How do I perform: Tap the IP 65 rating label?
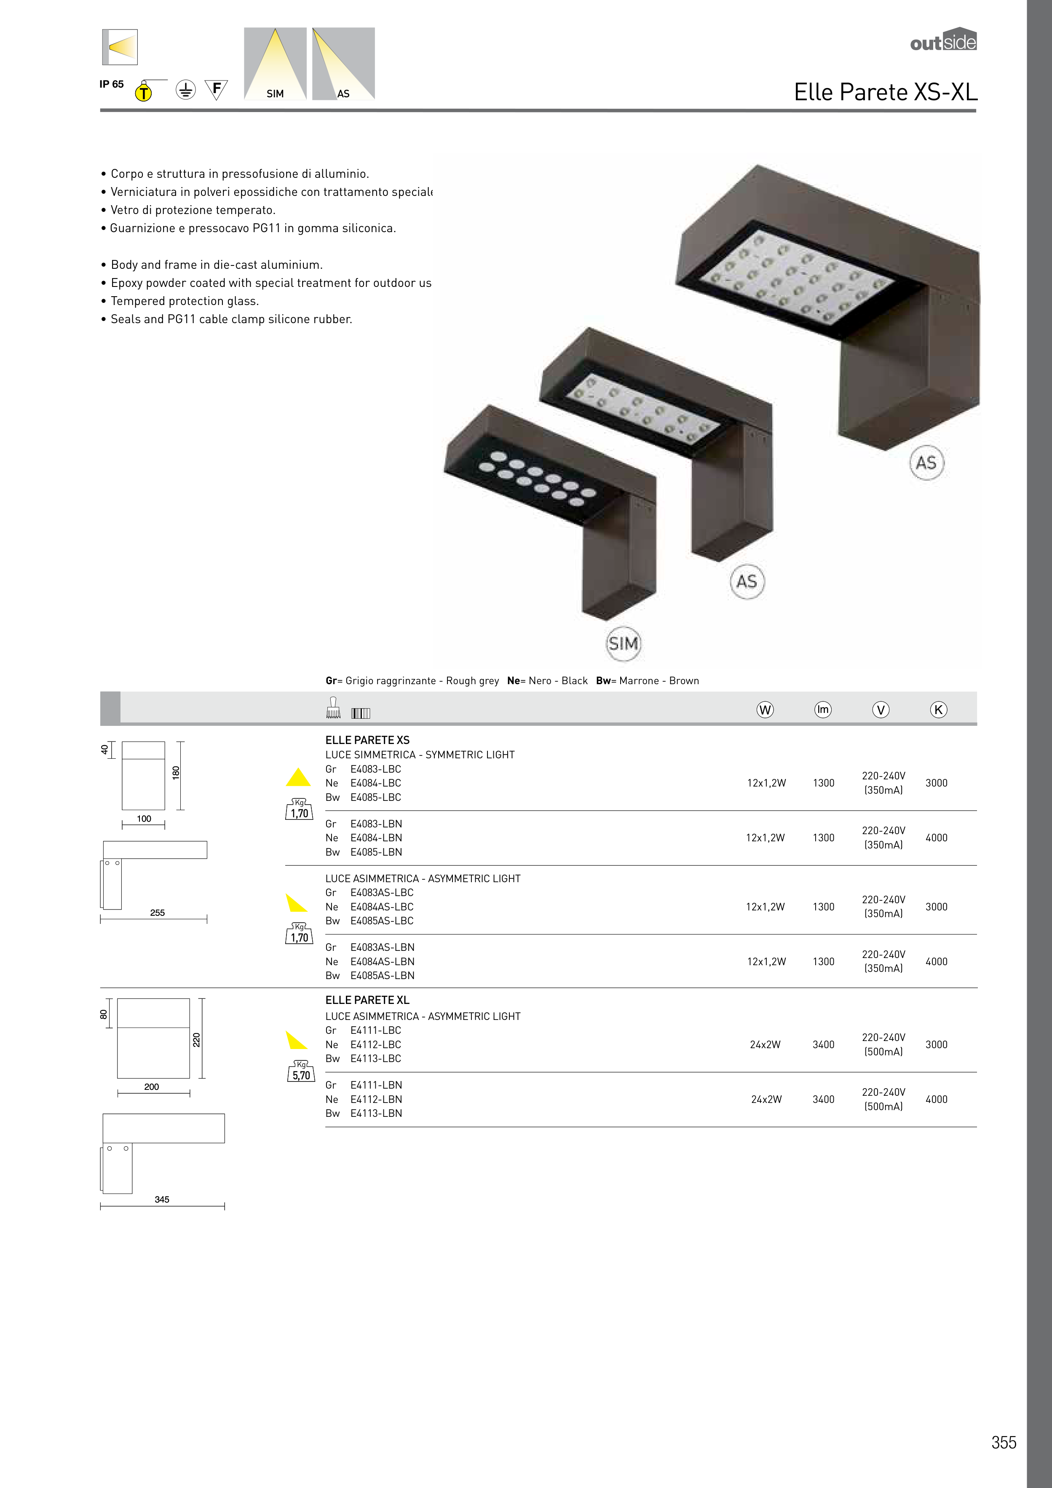click(112, 84)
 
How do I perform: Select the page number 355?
click(1004, 1442)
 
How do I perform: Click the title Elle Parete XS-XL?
click(886, 92)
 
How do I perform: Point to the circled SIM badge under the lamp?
click(623, 644)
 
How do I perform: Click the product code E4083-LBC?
click(376, 769)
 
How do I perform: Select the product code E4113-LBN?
click(376, 1113)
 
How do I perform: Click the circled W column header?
click(765, 709)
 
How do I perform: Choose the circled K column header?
click(938, 709)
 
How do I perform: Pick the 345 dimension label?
click(162, 1199)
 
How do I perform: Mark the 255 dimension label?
click(158, 913)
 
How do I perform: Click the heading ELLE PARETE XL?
click(367, 1000)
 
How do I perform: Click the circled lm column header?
click(822, 709)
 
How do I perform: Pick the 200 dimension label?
click(152, 1087)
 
